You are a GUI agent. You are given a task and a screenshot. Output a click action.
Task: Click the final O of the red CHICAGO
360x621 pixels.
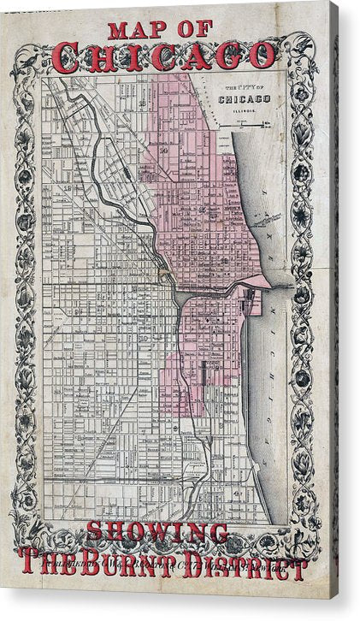coord(260,56)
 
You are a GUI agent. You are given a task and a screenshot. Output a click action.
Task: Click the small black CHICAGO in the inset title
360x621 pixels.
coord(245,98)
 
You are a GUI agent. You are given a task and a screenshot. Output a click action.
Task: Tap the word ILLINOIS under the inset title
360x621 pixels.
coord(245,109)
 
